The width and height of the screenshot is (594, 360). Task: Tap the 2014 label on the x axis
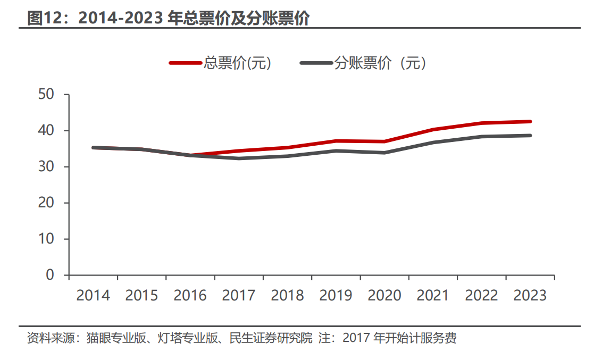(x=93, y=296)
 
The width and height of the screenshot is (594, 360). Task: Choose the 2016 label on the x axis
(x=190, y=296)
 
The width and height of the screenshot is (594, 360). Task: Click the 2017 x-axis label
(x=239, y=296)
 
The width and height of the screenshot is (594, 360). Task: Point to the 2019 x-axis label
(x=336, y=296)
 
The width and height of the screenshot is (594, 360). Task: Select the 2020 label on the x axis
(x=384, y=296)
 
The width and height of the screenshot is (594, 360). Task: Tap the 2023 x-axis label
(x=530, y=296)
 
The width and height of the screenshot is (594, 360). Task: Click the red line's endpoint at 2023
(x=530, y=121)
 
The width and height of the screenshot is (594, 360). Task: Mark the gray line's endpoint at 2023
(x=530, y=136)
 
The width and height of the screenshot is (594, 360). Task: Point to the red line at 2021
(x=433, y=129)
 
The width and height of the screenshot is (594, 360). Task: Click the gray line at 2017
(x=239, y=158)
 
